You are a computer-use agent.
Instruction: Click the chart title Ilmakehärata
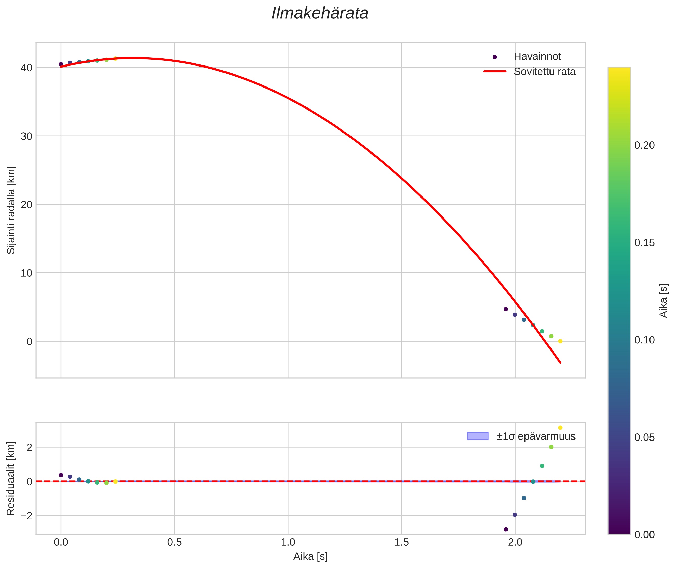click(x=320, y=13)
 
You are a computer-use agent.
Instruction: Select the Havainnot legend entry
click(x=537, y=57)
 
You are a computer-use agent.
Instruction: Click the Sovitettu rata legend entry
click(x=544, y=72)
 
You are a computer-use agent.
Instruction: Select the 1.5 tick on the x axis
click(x=401, y=542)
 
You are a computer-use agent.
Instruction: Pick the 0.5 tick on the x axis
click(x=174, y=542)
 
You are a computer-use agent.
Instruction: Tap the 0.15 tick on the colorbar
click(x=644, y=243)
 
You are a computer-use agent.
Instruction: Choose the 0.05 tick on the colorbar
click(x=644, y=437)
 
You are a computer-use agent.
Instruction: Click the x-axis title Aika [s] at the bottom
click(x=310, y=556)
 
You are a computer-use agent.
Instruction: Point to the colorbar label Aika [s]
click(x=663, y=300)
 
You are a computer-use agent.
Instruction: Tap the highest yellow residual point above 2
click(x=560, y=428)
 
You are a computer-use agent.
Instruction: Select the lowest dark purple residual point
click(x=506, y=529)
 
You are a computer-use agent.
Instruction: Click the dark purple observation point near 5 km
click(x=506, y=309)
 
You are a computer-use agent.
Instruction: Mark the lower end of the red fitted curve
click(x=560, y=363)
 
